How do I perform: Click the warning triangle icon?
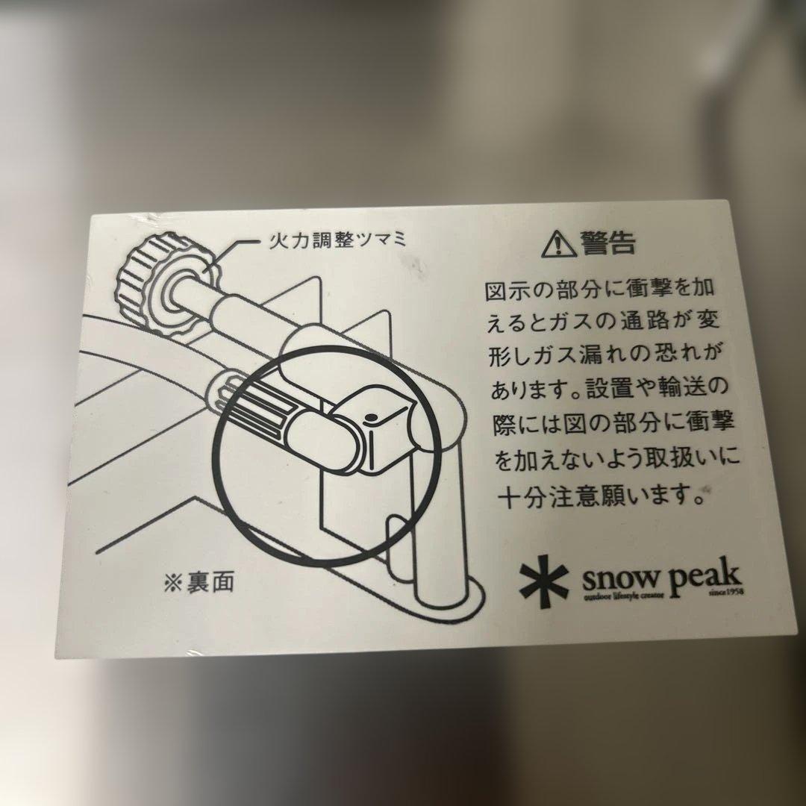(559, 243)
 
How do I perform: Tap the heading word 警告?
(608, 242)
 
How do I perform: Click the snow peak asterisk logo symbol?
(544, 582)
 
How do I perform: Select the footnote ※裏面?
(199, 582)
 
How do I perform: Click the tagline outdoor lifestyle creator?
(623, 594)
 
